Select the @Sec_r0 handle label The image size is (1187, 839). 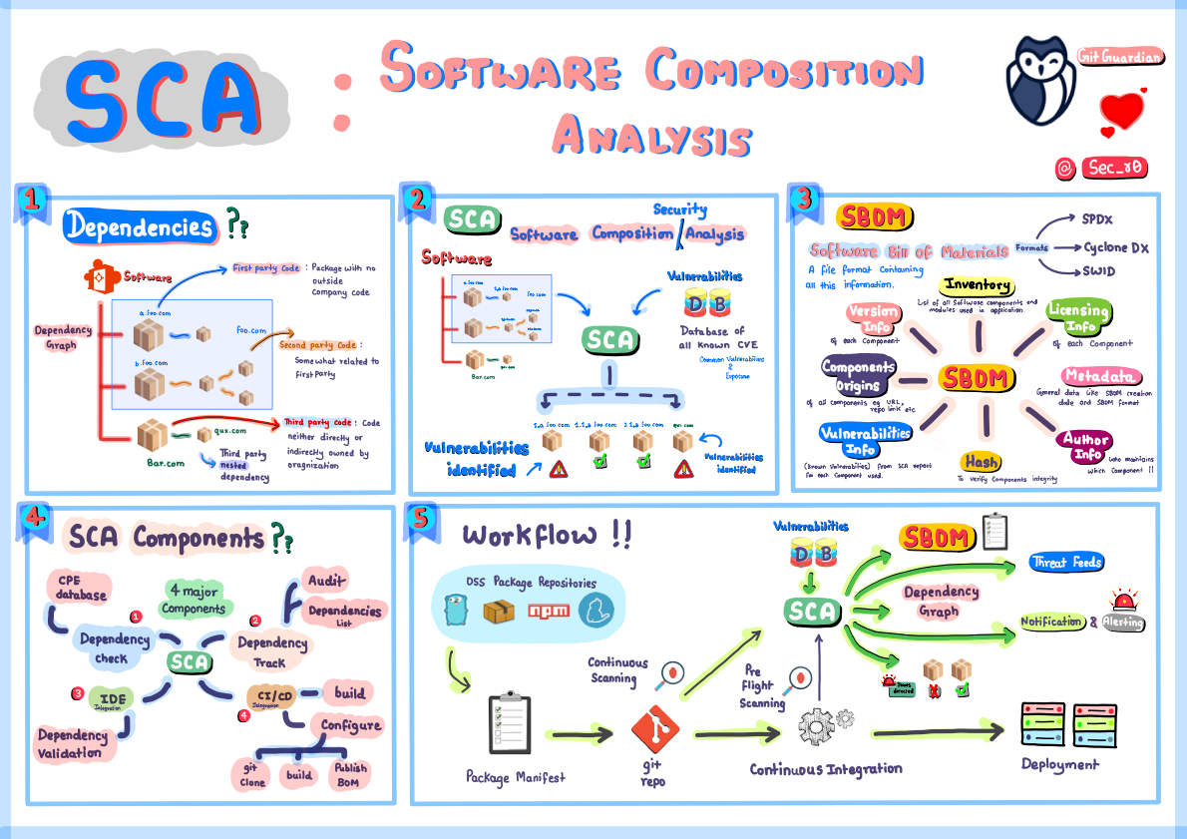[1100, 168]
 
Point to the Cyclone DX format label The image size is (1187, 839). [1116, 246]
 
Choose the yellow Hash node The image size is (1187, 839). [982, 461]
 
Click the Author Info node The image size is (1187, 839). [1085, 446]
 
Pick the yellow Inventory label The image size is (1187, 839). [978, 286]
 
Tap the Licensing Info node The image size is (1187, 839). [1076, 317]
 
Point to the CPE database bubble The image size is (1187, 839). [82, 588]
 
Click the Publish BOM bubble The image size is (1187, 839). [350, 774]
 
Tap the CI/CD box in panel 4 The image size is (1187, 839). [271, 695]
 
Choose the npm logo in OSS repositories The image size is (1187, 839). [549, 611]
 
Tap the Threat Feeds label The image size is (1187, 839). [1066, 563]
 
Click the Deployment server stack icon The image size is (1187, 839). [1052, 723]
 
